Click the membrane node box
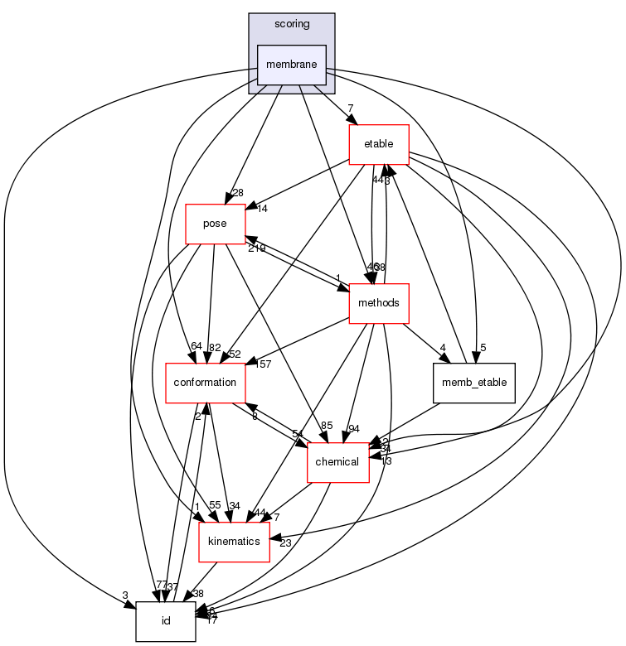pyautogui.click(x=291, y=65)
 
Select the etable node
pyautogui.click(x=379, y=145)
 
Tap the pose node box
pyautogui.click(x=215, y=224)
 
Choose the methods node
pyautogui.click(x=379, y=303)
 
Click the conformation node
pyautogui.click(x=206, y=383)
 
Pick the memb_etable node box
pyautogui.click(x=474, y=383)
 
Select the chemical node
pyautogui.click(x=337, y=462)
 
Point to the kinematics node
pyautogui.click(x=235, y=542)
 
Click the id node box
pyautogui.click(x=166, y=621)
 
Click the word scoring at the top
pyautogui.click(x=291, y=25)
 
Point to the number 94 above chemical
pyautogui.click(x=354, y=428)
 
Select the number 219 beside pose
pyautogui.click(x=255, y=248)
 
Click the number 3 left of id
pyautogui.click(x=124, y=595)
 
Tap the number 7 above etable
pyautogui.click(x=352, y=108)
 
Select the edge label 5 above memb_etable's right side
pyautogui.click(x=482, y=349)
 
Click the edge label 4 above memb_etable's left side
pyautogui.click(x=444, y=348)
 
